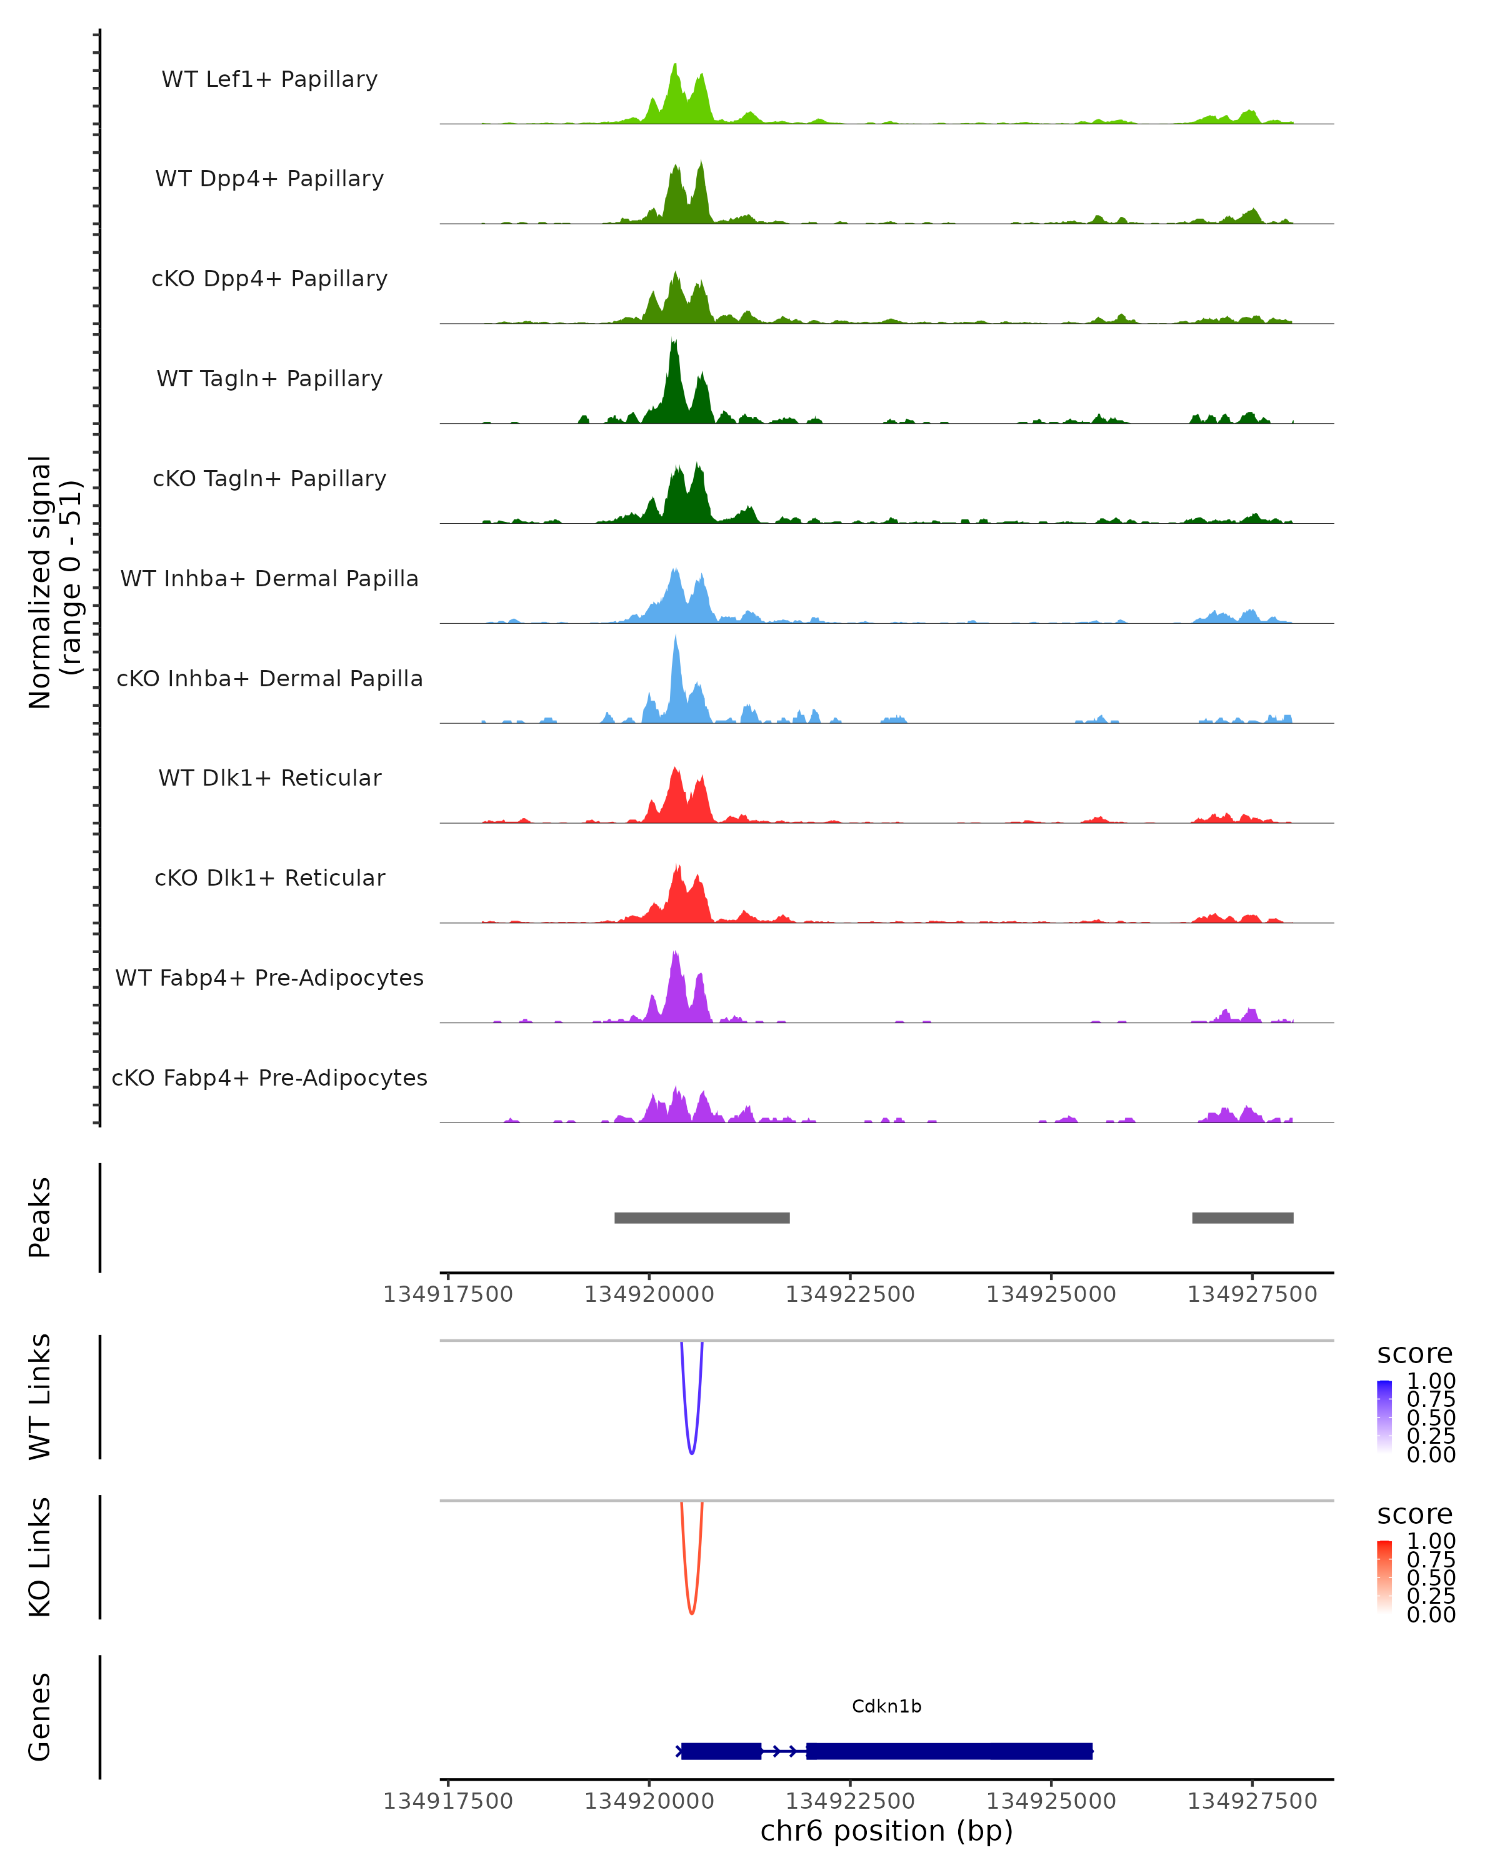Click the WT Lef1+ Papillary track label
coord(269,79)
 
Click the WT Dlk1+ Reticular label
coord(269,777)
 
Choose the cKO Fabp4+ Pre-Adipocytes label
coord(269,1077)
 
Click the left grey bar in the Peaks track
coord(702,1217)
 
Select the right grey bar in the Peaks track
coord(1242,1217)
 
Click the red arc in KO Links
coord(691,1611)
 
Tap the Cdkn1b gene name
coord(886,1706)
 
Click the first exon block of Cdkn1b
coord(721,1751)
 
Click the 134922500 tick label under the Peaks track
coord(849,1294)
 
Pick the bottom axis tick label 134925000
coord(1051,1801)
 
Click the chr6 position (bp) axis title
coord(886,1831)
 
